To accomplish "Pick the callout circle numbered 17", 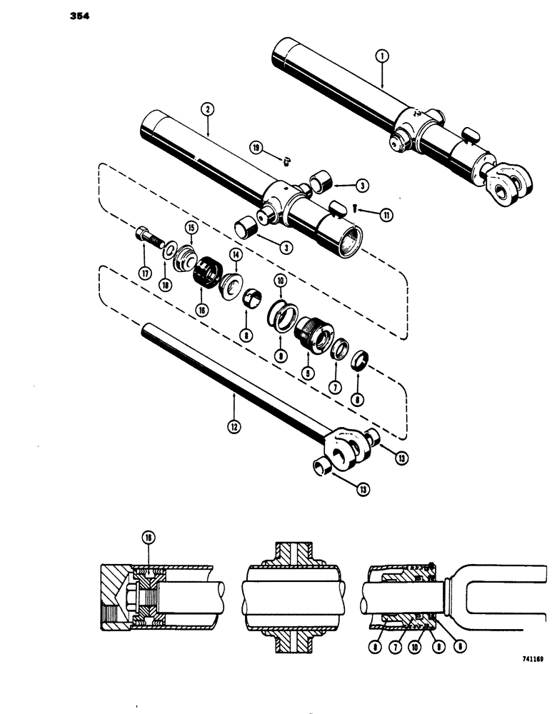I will point(146,272).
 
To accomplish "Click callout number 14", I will point(235,254).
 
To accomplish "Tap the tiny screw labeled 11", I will point(358,208).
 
